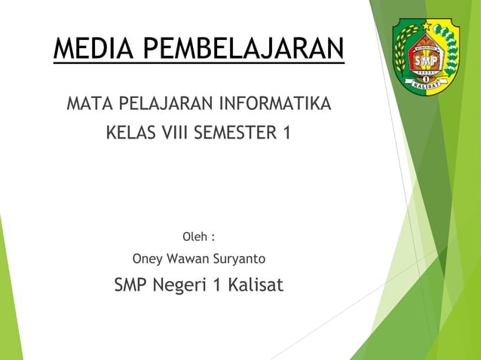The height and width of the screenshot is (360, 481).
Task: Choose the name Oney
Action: (x=148, y=260)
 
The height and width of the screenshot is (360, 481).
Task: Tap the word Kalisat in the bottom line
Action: (x=254, y=285)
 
